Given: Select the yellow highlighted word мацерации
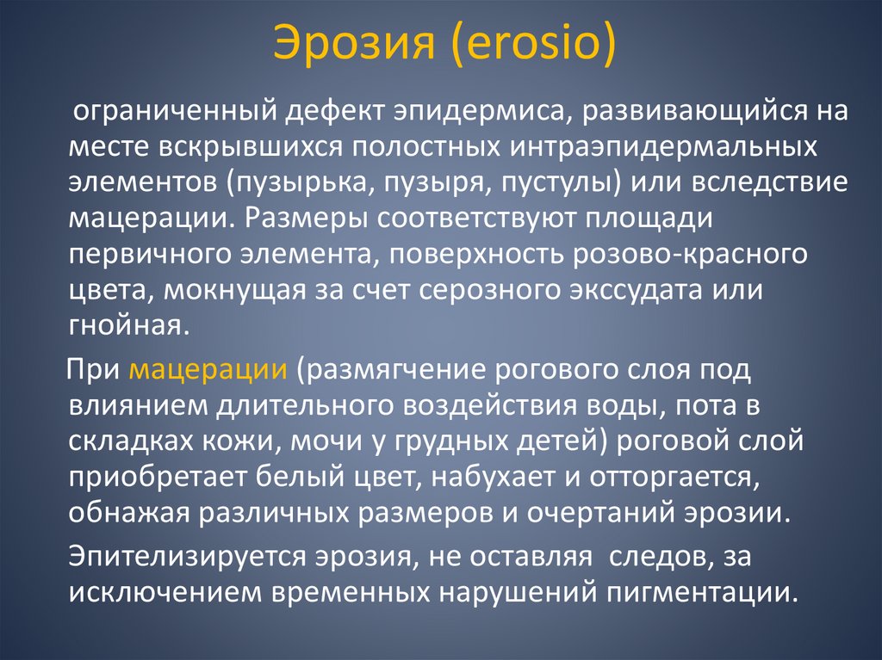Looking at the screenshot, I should pyautogui.click(x=208, y=371).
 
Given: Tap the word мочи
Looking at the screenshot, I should pyautogui.click(x=339, y=442).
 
